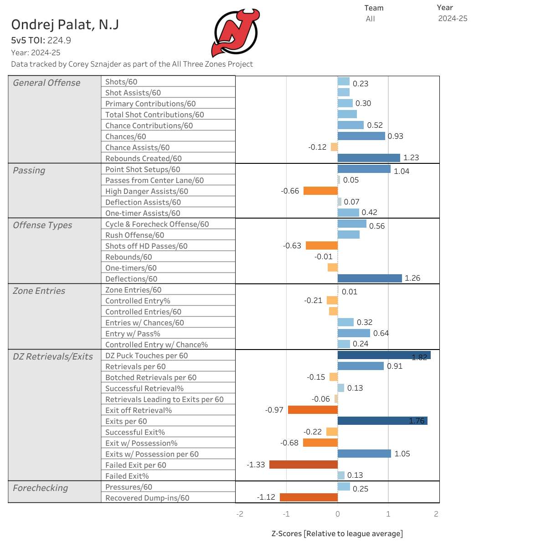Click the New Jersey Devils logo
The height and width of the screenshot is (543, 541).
coord(235,33)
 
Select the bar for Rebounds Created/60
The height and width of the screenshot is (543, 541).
coord(369,158)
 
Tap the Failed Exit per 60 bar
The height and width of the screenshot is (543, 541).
coord(303,465)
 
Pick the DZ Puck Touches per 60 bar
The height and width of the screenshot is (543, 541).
coord(384,355)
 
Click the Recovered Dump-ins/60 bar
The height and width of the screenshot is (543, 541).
coord(309,497)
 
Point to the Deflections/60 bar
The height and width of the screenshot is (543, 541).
coord(370,278)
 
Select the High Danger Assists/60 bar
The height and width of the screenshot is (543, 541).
coord(320,191)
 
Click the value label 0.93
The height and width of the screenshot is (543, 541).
coord(395,136)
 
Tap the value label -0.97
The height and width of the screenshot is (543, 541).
coord(274,410)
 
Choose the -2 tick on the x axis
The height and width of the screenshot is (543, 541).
coord(240,514)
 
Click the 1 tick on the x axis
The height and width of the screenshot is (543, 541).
coord(388,514)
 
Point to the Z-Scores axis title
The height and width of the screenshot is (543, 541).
coord(337,533)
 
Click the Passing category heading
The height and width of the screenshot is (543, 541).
coord(29,170)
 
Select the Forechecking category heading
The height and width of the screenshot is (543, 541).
coord(40,488)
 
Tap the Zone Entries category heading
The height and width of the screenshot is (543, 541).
coord(39,291)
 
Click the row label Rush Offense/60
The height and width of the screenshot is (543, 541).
coord(134,235)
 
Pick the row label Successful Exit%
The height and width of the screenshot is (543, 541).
coord(135,432)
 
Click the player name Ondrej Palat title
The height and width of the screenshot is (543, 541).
coord(65,25)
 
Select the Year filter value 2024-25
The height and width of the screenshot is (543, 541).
coord(453,19)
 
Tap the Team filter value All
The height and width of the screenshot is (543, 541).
coord(370,19)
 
